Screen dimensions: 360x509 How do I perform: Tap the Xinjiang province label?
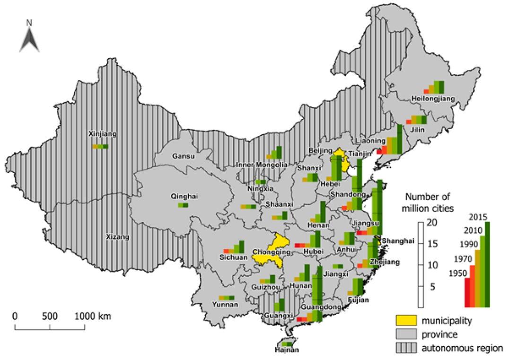pyautogui.click(x=102, y=134)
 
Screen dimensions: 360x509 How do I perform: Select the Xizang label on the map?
pyautogui.click(x=117, y=237)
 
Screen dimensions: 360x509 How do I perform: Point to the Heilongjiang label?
pyautogui.click(x=432, y=98)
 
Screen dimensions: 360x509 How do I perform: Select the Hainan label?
pyautogui.click(x=287, y=350)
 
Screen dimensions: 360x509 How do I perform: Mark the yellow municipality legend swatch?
pyautogui.click(x=406, y=321)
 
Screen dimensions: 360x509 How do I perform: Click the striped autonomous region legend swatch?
pyautogui.click(x=406, y=348)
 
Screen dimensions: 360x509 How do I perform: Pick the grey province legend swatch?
pyautogui.click(x=406, y=334)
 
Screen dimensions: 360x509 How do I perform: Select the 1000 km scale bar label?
pyautogui.click(x=92, y=316)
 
